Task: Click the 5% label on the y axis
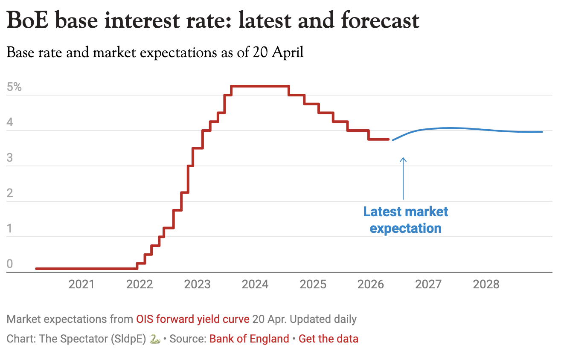(x=14, y=87)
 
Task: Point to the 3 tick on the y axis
(x=9, y=158)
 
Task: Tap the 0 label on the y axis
(x=9, y=264)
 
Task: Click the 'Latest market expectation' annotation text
(x=405, y=220)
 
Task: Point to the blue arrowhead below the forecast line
(x=403, y=160)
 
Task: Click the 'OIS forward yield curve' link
(x=192, y=319)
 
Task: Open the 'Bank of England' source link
(x=249, y=339)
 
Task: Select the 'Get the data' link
(x=328, y=339)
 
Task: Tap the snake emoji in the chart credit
(x=155, y=339)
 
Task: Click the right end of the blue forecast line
(x=542, y=132)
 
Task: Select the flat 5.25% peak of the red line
(x=260, y=87)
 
